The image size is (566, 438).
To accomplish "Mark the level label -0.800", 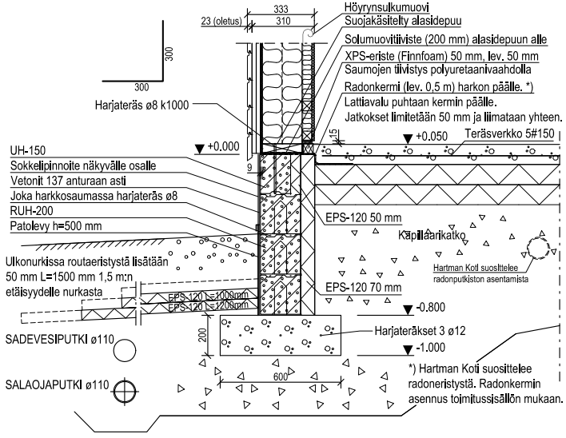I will [432, 308].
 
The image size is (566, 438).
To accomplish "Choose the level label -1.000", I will [432, 349].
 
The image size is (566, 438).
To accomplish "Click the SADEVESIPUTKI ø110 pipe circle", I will [126, 349].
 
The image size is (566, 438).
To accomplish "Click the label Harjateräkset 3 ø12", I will [419, 329].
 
